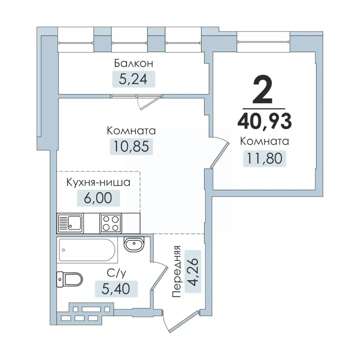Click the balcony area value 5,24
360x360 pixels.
133,79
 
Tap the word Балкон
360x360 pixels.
133,63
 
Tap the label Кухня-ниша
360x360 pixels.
98,183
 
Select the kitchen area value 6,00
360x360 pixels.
99,198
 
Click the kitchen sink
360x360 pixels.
70,223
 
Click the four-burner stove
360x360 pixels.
111,223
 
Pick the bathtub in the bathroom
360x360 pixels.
88,250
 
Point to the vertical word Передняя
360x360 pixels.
177,271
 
